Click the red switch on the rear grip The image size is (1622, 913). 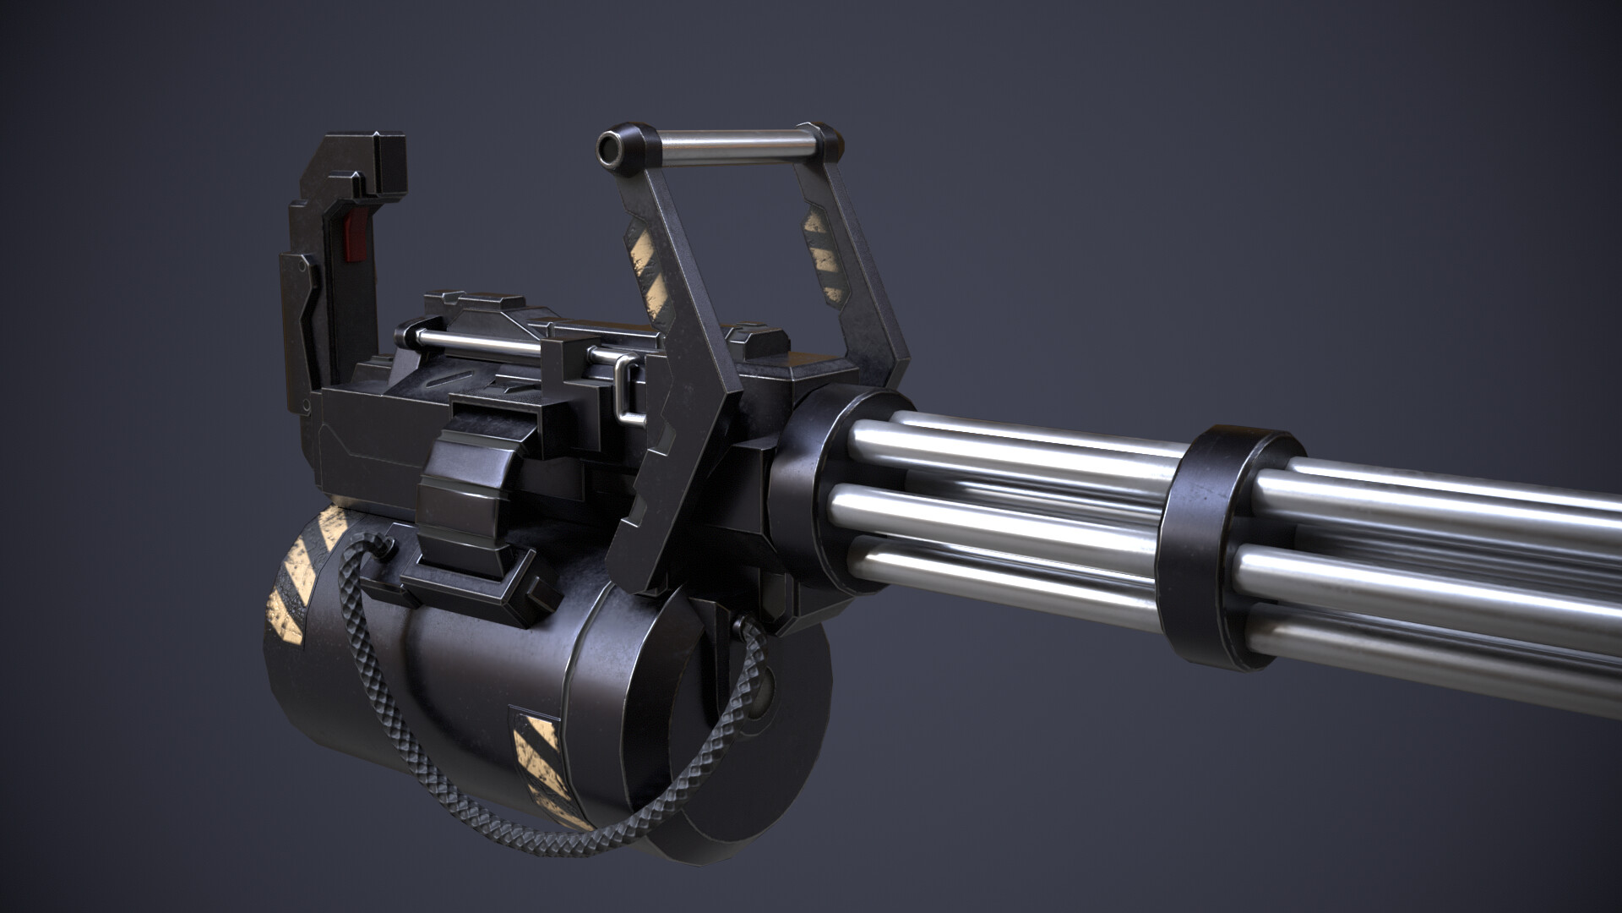pyautogui.click(x=357, y=237)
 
